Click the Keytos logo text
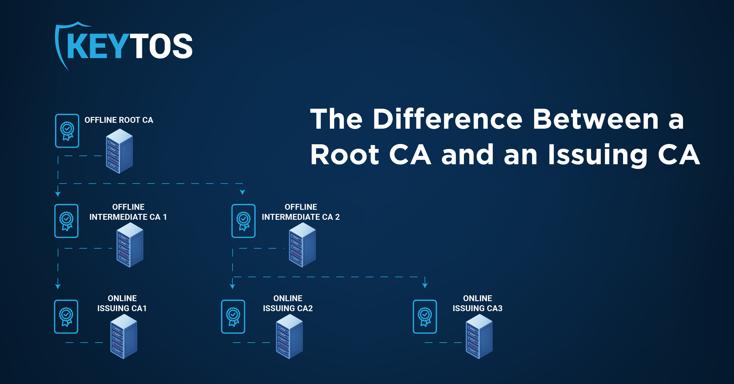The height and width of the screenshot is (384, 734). (x=129, y=46)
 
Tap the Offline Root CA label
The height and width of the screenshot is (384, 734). (x=119, y=120)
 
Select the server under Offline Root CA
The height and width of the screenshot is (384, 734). (x=119, y=151)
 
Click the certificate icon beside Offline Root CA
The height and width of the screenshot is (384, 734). (x=67, y=131)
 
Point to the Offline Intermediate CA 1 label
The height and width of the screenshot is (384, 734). (x=128, y=212)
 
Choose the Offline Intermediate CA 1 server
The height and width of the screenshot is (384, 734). (x=130, y=244)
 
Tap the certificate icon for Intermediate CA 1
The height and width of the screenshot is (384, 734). (x=67, y=221)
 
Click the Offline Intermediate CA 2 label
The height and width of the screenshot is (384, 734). (x=301, y=212)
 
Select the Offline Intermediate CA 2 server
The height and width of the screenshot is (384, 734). (x=302, y=244)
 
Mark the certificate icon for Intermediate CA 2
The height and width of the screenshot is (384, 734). (x=243, y=221)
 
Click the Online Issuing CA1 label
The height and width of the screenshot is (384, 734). (x=122, y=303)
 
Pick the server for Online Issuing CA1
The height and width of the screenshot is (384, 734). (x=124, y=336)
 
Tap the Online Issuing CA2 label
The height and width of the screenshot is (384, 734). (x=288, y=303)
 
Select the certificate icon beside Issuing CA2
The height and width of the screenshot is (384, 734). (x=233, y=317)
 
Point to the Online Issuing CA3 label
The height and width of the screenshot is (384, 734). (x=477, y=303)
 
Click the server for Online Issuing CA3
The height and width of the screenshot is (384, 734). (x=479, y=336)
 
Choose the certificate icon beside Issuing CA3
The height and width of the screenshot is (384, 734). (x=425, y=317)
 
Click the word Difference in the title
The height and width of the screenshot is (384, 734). (x=448, y=119)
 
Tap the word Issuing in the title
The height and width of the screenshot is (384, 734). (x=598, y=155)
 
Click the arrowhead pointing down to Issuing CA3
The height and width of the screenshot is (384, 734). (x=425, y=285)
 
